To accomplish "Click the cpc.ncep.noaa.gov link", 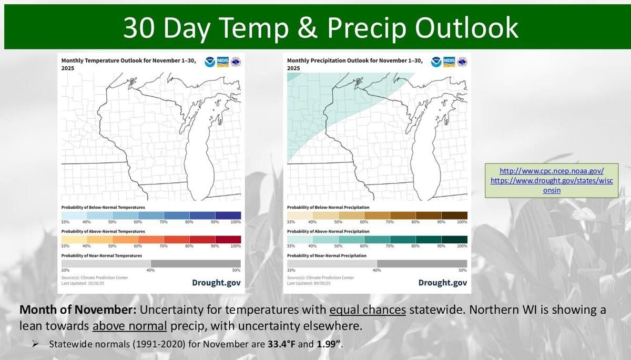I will (551, 171).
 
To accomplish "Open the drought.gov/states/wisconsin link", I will (551, 185).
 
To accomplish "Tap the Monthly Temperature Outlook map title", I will (128, 64).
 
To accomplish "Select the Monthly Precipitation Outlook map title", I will (354, 64).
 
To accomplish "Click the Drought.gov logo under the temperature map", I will (216, 283).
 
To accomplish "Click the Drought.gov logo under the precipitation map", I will (442, 283).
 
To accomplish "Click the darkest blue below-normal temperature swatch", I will (228, 215).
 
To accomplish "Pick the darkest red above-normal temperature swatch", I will (228, 239).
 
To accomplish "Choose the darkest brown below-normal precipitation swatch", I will (454, 215).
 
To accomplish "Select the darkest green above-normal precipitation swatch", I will (454, 239).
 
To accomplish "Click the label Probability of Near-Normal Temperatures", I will (101, 256).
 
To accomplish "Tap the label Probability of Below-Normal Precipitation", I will (328, 208).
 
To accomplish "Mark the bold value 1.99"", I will (330, 345).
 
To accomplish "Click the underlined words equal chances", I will (368, 310).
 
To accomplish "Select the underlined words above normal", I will (129, 326).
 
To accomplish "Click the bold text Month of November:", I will (77, 310).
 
